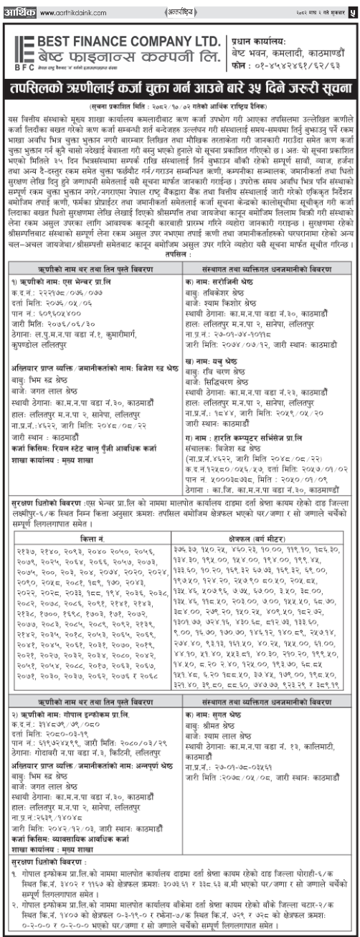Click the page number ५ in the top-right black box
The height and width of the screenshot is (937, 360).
pos(351,11)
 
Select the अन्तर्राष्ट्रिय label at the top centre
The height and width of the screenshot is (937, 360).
pos(179,11)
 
